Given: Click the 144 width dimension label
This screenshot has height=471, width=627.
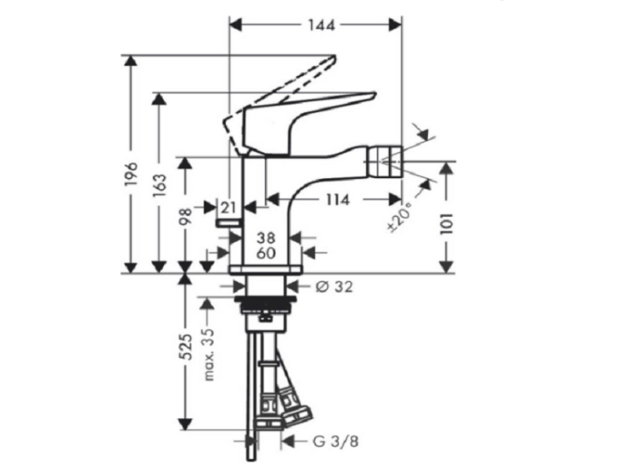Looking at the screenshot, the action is (321, 26).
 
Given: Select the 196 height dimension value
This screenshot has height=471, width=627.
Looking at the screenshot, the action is (131, 174).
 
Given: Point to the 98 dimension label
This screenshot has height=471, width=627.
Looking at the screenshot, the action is (186, 217).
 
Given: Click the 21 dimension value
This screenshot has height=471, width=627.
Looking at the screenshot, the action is (228, 207).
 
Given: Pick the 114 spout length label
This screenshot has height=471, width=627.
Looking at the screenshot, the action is (337, 199).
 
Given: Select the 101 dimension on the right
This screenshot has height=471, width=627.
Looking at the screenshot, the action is (446, 223).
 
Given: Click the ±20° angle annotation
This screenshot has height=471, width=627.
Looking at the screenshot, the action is (400, 218).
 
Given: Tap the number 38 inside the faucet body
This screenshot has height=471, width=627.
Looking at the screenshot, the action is (266, 238).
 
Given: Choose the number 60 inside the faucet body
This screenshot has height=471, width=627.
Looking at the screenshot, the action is (266, 253).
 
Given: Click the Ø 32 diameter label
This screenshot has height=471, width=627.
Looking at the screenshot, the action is (334, 286).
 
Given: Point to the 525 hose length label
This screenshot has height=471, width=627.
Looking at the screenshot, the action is (186, 346).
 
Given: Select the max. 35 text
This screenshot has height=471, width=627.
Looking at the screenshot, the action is (209, 355).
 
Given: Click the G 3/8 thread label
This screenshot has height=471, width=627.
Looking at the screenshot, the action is (335, 442).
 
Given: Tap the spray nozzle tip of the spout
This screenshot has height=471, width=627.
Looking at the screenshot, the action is (385, 161).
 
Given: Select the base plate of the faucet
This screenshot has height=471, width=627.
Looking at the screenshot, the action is (266, 269).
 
